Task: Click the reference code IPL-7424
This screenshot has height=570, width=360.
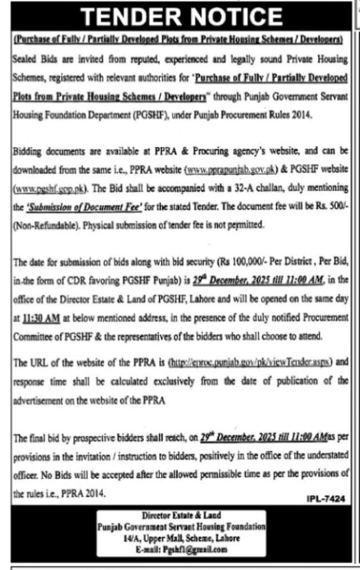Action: pyautogui.click(x=326, y=499)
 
